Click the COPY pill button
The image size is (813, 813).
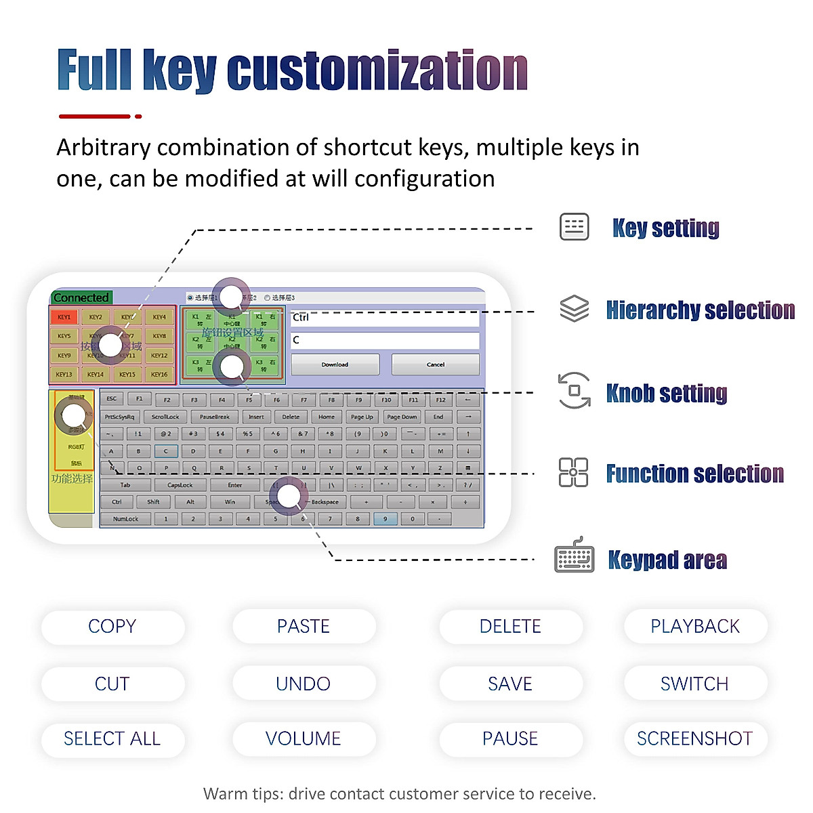click(x=112, y=627)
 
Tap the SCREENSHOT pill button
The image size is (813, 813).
click(x=695, y=738)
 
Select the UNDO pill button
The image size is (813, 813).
click(x=304, y=684)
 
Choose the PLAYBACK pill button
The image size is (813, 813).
click(x=695, y=627)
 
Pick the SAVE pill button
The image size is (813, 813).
click(x=510, y=684)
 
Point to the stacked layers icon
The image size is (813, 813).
click(x=574, y=309)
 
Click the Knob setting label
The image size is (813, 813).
click(x=667, y=393)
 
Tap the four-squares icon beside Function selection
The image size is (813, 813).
click(x=573, y=472)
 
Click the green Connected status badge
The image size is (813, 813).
click(x=81, y=297)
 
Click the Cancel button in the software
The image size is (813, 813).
click(x=436, y=364)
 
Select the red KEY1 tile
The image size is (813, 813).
click(x=64, y=317)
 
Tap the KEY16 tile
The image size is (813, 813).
click(x=159, y=374)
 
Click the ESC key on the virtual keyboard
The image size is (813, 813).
click(x=112, y=399)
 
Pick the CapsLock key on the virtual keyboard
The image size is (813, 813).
click(x=180, y=485)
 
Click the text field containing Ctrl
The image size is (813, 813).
click(x=385, y=318)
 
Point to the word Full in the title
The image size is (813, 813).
click(x=95, y=70)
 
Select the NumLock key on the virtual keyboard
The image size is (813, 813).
click(x=125, y=519)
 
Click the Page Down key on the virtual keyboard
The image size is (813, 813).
click(x=402, y=417)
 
